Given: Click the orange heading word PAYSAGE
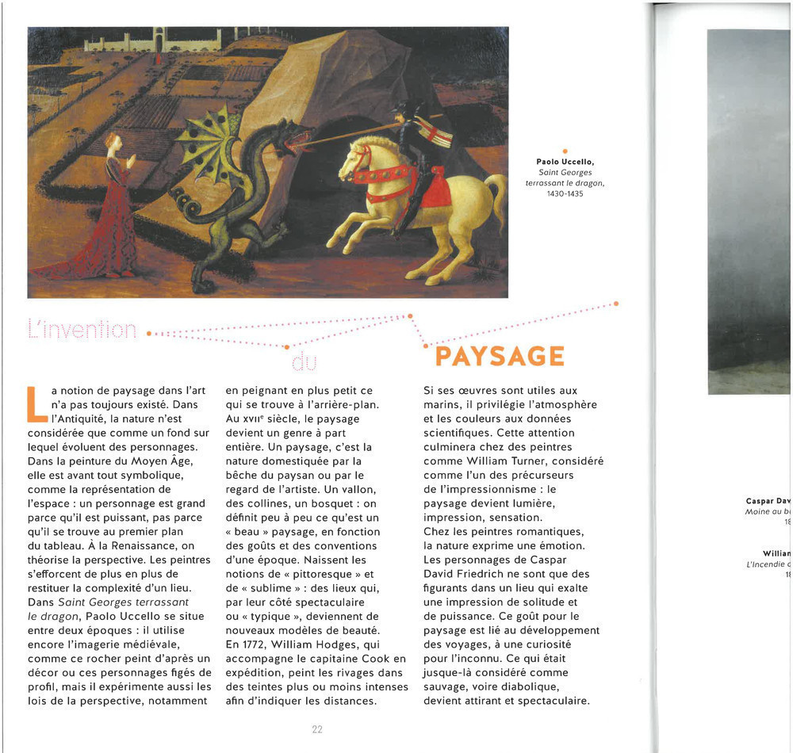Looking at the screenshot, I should coord(500,357).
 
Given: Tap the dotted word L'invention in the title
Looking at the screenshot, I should coord(82,329).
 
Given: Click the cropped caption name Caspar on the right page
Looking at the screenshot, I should coord(761,501).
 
